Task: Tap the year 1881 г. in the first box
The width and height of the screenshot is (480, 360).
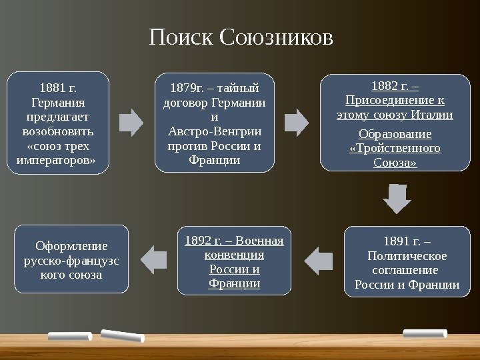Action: [x=58, y=88]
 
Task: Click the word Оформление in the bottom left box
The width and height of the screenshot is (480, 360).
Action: [x=71, y=246]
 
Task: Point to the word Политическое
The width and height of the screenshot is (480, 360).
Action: [x=407, y=255]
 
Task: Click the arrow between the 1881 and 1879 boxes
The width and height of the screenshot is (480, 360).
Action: [x=132, y=123]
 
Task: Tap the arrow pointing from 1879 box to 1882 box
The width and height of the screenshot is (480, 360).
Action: [x=297, y=123]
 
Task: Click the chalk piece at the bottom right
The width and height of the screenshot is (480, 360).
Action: [x=425, y=333]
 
